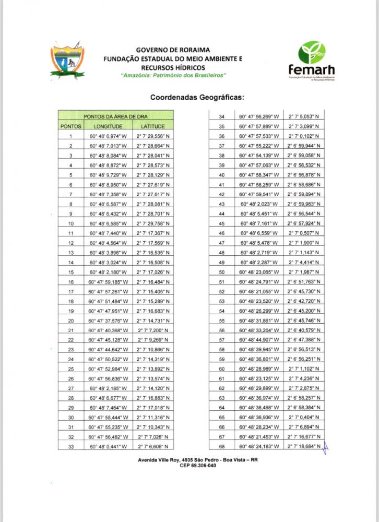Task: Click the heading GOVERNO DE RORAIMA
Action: coord(173,49)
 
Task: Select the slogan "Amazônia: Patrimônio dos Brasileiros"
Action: coord(173,76)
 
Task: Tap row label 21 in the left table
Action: coord(70,330)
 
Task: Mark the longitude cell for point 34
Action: coord(259,116)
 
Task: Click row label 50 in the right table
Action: coord(221,272)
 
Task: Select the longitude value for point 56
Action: coord(259,330)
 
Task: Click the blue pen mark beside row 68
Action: coord(329,446)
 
